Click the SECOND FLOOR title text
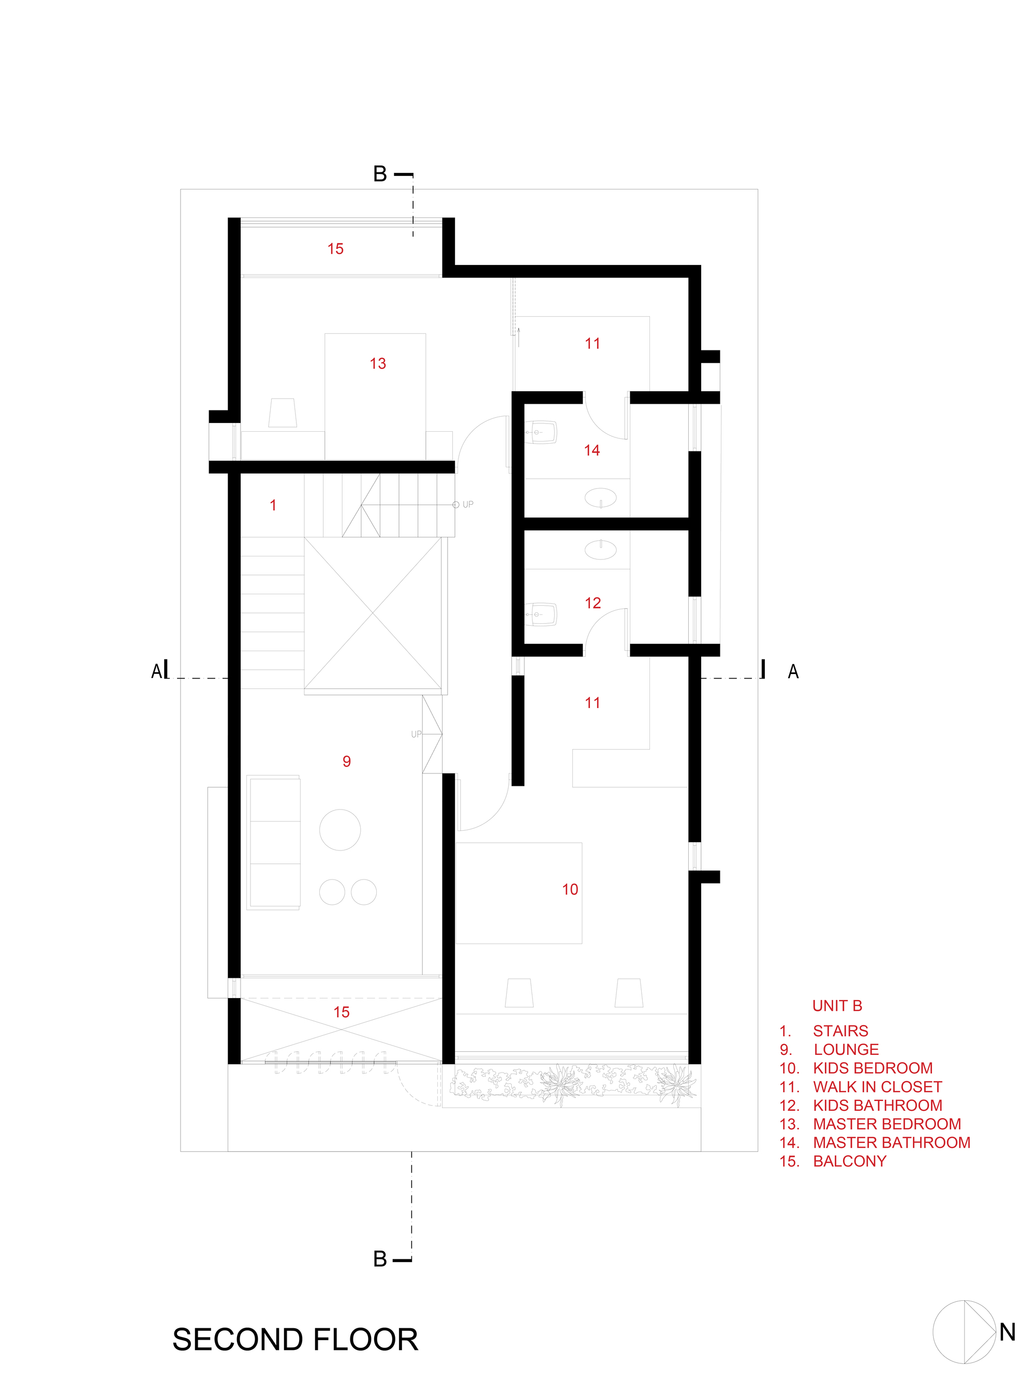(x=294, y=1340)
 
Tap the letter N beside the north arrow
(x=1007, y=1332)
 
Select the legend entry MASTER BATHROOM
(x=891, y=1142)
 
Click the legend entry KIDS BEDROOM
(x=872, y=1068)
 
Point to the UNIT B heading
(x=837, y=1006)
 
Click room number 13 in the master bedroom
(x=377, y=364)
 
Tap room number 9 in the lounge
(x=347, y=761)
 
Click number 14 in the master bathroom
(x=592, y=450)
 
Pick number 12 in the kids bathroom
(x=593, y=603)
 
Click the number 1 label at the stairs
(x=273, y=505)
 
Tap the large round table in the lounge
(x=340, y=830)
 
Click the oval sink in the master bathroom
(x=600, y=498)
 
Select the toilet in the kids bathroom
(x=541, y=614)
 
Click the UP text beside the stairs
(x=468, y=505)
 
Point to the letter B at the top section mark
(x=380, y=174)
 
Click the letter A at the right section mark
(x=793, y=672)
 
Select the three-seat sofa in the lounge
(x=274, y=842)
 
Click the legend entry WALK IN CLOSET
(x=877, y=1087)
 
